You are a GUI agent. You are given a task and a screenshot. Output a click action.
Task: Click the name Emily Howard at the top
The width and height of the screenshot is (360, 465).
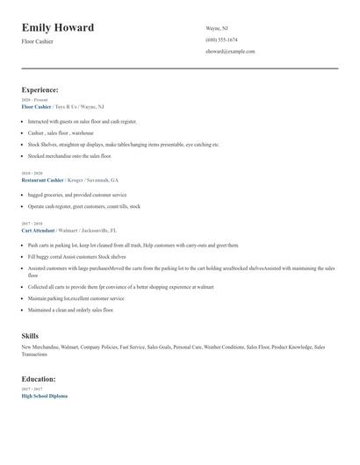(x=58, y=28)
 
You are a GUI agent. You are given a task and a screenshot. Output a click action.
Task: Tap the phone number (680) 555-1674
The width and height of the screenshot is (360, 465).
(x=221, y=39)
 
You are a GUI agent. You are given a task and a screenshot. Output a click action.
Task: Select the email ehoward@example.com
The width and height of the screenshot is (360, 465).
(x=230, y=52)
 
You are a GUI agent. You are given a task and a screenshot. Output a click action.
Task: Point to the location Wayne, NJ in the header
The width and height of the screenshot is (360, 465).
(x=218, y=27)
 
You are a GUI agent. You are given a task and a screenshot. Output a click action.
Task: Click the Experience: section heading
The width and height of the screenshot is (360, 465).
(x=40, y=89)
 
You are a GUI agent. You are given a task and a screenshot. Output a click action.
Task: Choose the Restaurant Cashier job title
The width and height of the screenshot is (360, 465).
(x=42, y=179)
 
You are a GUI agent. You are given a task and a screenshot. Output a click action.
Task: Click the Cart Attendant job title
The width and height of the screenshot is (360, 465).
(x=39, y=229)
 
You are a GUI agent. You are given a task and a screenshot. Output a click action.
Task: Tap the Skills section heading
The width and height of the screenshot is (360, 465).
(x=30, y=336)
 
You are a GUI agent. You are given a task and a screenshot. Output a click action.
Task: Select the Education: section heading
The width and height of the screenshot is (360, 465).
(x=39, y=379)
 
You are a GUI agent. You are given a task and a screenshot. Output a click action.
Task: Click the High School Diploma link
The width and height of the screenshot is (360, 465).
(x=44, y=396)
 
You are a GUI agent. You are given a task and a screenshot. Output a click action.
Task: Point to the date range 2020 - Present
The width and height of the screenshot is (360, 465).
(x=34, y=100)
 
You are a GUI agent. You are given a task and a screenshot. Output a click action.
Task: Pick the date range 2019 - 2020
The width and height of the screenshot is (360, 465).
(x=32, y=174)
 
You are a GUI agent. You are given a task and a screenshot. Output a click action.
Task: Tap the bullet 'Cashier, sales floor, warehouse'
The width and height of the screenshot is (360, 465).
(x=61, y=132)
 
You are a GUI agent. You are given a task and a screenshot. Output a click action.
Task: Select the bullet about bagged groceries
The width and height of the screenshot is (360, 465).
(x=77, y=195)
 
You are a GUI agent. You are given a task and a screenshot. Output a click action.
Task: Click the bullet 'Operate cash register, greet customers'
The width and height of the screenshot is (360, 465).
(x=83, y=206)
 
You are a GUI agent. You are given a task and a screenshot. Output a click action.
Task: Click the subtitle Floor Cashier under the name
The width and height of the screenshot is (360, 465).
(x=37, y=41)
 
